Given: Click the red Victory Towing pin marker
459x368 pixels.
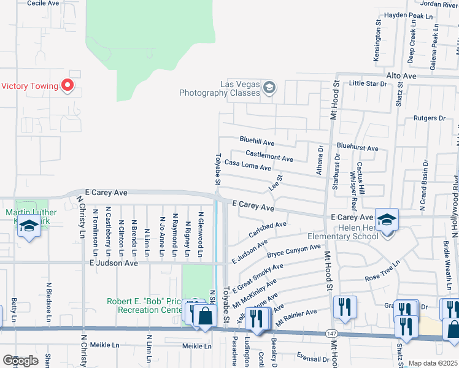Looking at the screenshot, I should [68, 86].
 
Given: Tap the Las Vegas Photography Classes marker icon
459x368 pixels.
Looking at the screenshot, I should [269, 88].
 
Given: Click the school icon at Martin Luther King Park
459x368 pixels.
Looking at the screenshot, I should [28, 226].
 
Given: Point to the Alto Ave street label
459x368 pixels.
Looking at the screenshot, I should [400, 75].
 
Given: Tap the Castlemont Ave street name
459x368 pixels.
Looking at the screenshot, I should [269, 155].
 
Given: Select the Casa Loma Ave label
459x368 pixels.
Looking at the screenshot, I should [247, 166].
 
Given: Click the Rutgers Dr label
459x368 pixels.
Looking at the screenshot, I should [428, 118].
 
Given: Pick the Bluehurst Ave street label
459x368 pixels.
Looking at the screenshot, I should [357, 148].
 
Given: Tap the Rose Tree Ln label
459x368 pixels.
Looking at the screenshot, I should [382, 270].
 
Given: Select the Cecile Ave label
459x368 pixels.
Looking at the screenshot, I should [44, 3].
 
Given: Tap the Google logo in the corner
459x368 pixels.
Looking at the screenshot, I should [20, 360].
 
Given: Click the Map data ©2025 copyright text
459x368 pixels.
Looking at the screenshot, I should [433, 363].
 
